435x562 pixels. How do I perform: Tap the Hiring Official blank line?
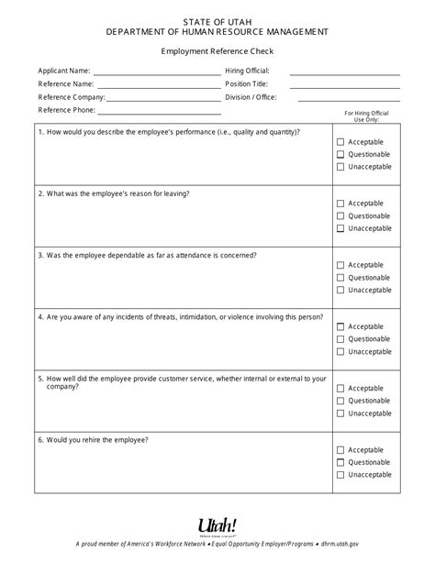coord(345,72)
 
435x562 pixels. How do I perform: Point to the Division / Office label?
coord(252,96)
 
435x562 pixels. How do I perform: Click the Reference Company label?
coord(72,96)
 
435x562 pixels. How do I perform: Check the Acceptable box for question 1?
coord(340,142)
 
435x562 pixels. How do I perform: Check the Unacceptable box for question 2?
coord(340,228)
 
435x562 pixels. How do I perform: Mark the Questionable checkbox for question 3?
coord(340,277)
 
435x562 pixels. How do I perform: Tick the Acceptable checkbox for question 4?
coord(340,326)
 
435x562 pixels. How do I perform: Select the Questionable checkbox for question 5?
coord(340,401)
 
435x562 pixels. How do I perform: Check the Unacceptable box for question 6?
coord(340,475)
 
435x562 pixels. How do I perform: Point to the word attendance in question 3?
coord(193,254)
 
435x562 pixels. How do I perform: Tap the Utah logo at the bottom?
coord(217,525)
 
